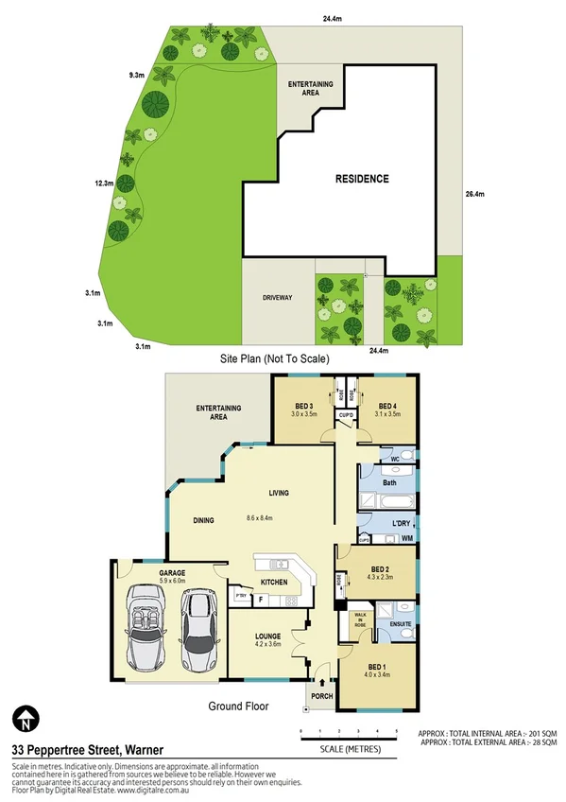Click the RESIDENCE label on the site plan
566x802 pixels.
[x=362, y=178]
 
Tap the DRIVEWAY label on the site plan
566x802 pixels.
[x=277, y=298]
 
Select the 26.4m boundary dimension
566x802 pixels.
[x=474, y=195]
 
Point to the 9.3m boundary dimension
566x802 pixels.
[x=137, y=74]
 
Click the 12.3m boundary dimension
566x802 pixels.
[x=104, y=183]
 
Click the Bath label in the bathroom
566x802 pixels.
[x=388, y=483]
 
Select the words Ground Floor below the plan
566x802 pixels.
[x=238, y=706]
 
